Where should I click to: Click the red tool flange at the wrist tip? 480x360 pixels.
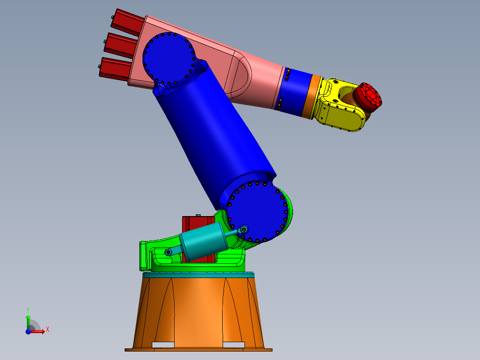coord(369,97)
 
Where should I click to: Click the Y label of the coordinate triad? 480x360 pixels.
coord(28,309)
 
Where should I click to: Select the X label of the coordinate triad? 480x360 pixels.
coord(48,329)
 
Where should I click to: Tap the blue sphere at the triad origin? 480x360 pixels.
coord(28,331)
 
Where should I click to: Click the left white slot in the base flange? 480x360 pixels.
coord(163,344)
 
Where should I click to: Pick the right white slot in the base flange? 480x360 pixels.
coord(234,344)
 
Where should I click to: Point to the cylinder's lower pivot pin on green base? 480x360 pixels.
coord(169,253)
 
